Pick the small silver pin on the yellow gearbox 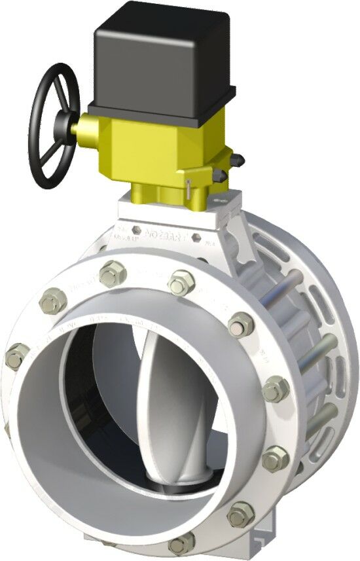189,186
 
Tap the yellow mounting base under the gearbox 160,190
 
